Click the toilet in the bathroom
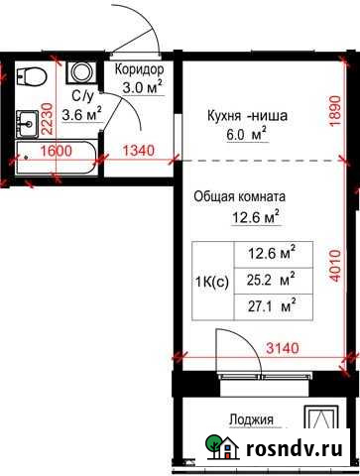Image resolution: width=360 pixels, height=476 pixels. point(34,75)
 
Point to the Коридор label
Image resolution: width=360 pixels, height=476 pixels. point(139,69)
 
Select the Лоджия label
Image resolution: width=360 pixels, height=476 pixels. point(250,419)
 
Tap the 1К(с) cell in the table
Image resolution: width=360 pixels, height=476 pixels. point(210,281)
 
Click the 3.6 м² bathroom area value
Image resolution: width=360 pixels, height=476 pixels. point(81,115)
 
